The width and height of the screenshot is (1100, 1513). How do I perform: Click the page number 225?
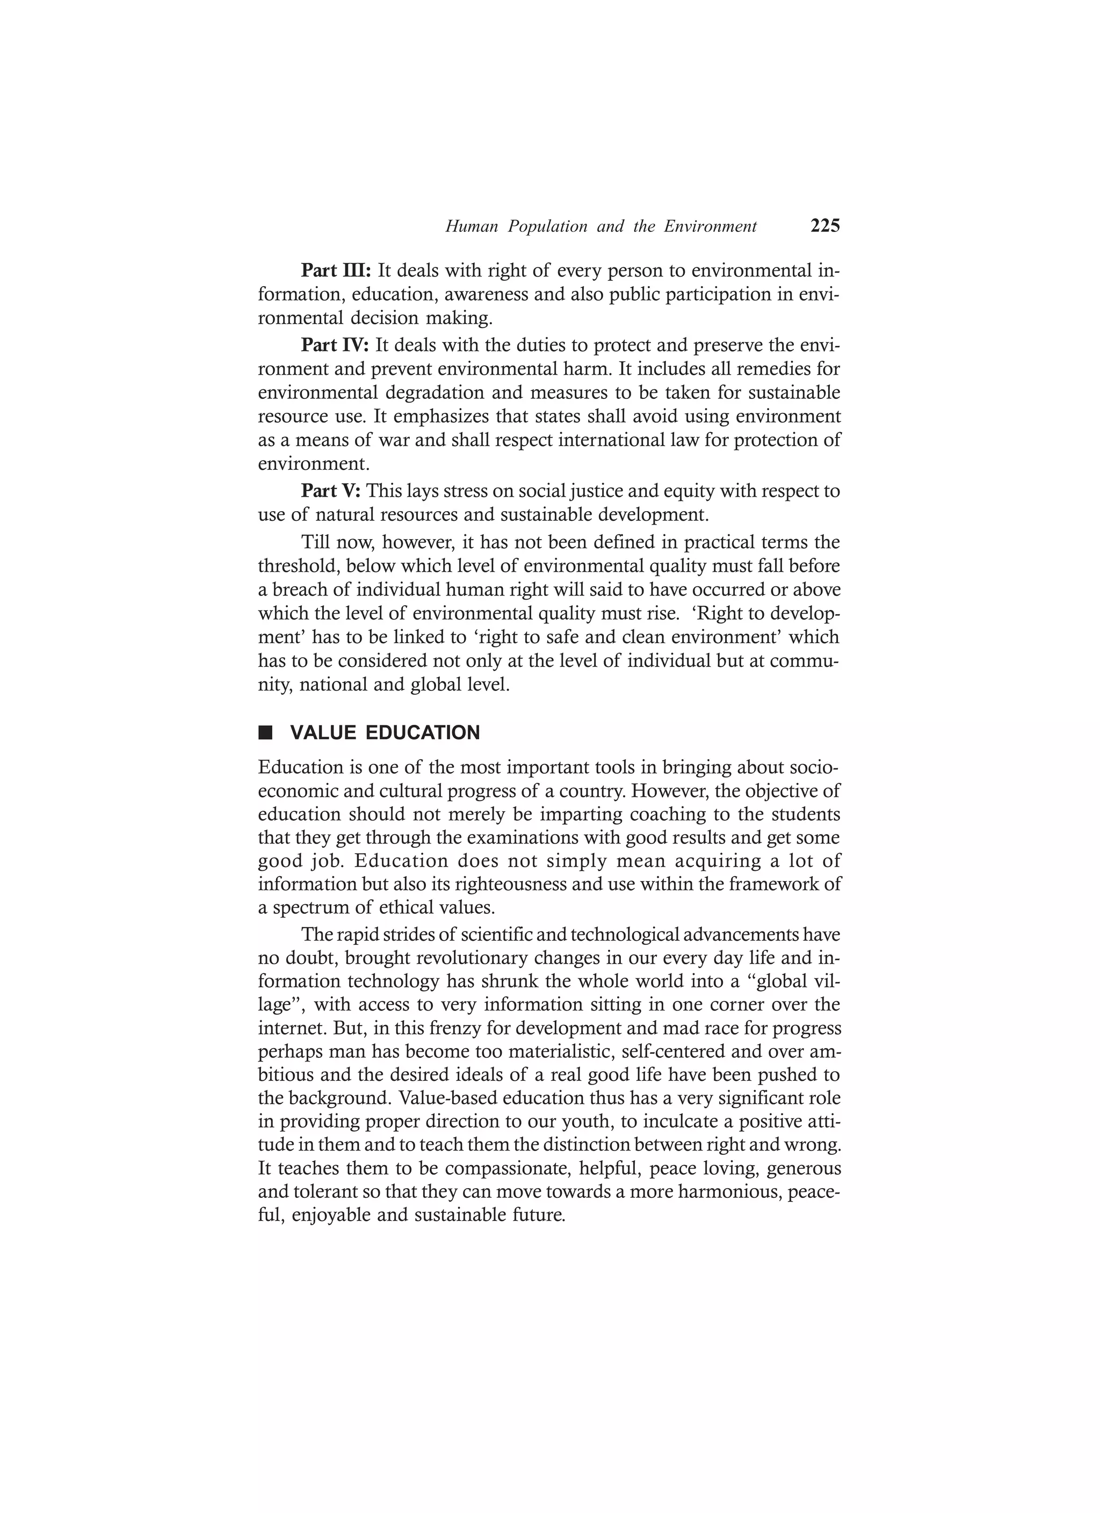click(825, 226)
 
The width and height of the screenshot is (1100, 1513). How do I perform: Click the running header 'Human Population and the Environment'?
click(600, 227)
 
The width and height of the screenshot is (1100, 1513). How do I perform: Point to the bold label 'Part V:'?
click(330, 491)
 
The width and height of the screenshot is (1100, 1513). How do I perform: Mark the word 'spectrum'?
click(310, 908)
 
